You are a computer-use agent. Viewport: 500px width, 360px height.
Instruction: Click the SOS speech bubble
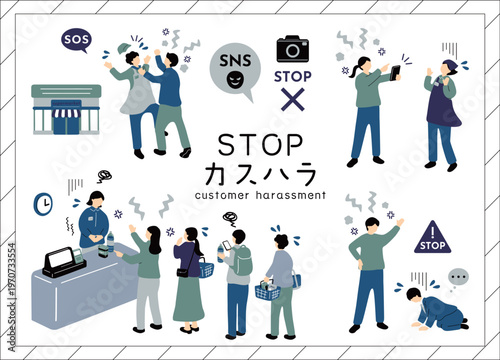click(x=75, y=39)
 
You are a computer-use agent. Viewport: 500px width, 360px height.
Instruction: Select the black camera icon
click(x=293, y=49)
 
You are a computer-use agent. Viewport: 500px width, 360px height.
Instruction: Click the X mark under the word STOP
click(x=293, y=98)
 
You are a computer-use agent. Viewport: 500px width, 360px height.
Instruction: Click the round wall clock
click(x=43, y=204)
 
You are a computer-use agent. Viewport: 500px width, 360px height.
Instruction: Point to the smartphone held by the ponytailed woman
click(x=394, y=72)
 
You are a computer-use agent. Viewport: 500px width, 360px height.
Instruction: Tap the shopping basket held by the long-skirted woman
click(x=203, y=267)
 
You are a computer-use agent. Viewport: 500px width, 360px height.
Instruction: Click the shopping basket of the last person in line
click(x=268, y=291)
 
